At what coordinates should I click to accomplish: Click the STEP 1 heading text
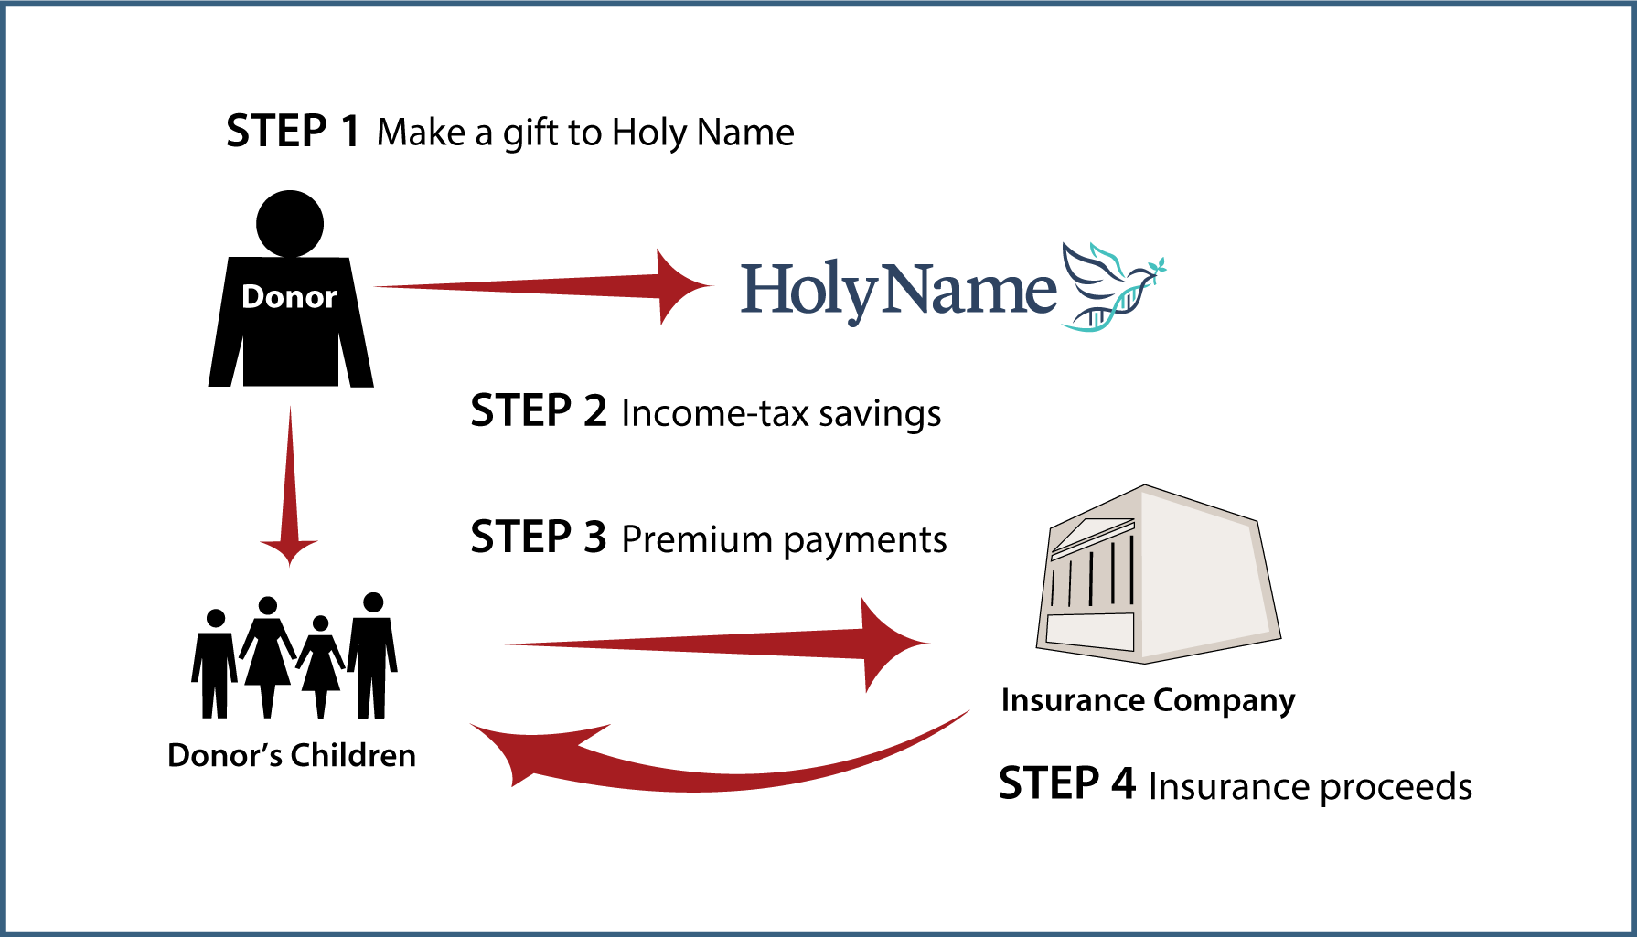coord(293,131)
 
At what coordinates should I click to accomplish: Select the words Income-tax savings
coord(781,413)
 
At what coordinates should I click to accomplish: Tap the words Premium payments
coord(784,539)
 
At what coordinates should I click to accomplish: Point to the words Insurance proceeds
coord(1310,786)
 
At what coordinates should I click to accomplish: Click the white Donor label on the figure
coord(289,296)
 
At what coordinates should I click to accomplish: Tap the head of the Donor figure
coord(290,224)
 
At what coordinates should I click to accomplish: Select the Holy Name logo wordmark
coord(898,291)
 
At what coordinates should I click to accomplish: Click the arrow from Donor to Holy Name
coord(543,287)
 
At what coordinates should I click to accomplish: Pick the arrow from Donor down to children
coord(290,486)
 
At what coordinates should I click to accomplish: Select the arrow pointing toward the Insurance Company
coord(719,644)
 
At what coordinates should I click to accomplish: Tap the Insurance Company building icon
coord(1158,574)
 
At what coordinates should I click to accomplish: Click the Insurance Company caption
coord(1148,700)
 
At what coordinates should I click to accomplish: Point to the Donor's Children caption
coord(292,755)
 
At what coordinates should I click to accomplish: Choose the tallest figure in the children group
coord(372,655)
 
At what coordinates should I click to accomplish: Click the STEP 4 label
coord(1066,783)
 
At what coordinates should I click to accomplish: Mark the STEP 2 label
coord(539,410)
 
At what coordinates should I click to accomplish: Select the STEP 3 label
coord(539,537)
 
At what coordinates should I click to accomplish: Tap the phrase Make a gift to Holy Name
coord(585,133)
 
